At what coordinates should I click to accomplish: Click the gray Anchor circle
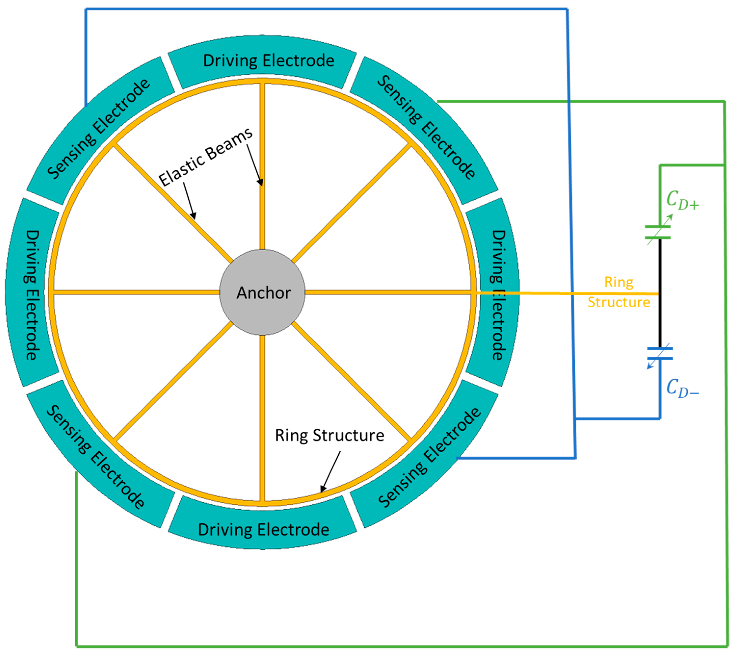(x=262, y=292)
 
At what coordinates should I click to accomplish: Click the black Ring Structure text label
(x=329, y=435)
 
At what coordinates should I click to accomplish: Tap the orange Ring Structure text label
(x=618, y=292)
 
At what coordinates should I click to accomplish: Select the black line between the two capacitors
(x=660, y=293)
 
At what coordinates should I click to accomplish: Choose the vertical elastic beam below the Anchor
(x=262, y=417)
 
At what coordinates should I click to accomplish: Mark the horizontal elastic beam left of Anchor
(x=137, y=292)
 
